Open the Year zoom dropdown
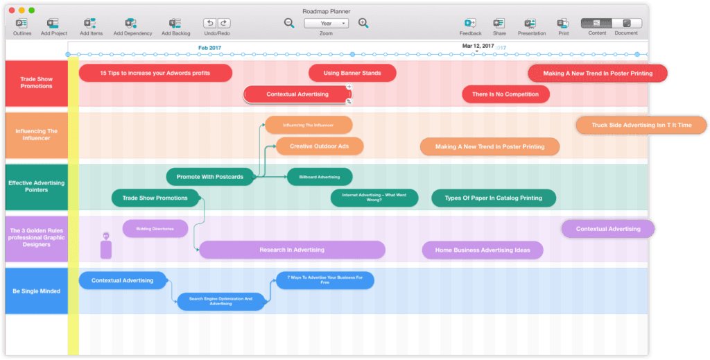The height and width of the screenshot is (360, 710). (x=325, y=23)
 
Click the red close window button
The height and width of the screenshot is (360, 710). (x=12, y=10)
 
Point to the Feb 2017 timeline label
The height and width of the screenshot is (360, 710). (x=210, y=47)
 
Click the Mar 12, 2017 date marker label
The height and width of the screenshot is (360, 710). (x=478, y=46)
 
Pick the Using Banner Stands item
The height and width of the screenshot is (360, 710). (x=352, y=73)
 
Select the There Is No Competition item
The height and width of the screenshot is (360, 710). (x=505, y=94)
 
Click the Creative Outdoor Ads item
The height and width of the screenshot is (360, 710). (x=319, y=146)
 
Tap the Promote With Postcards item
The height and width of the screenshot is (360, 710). (x=209, y=177)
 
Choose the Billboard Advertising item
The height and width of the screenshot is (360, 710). (x=320, y=177)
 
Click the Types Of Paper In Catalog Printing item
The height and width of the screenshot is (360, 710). (x=493, y=198)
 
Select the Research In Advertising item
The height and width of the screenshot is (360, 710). (x=292, y=250)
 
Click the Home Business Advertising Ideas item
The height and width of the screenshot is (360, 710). (x=482, y=250)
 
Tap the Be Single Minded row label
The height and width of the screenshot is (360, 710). (x=36, y=291)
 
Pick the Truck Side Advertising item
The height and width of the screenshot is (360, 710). (x=641, y=126)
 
